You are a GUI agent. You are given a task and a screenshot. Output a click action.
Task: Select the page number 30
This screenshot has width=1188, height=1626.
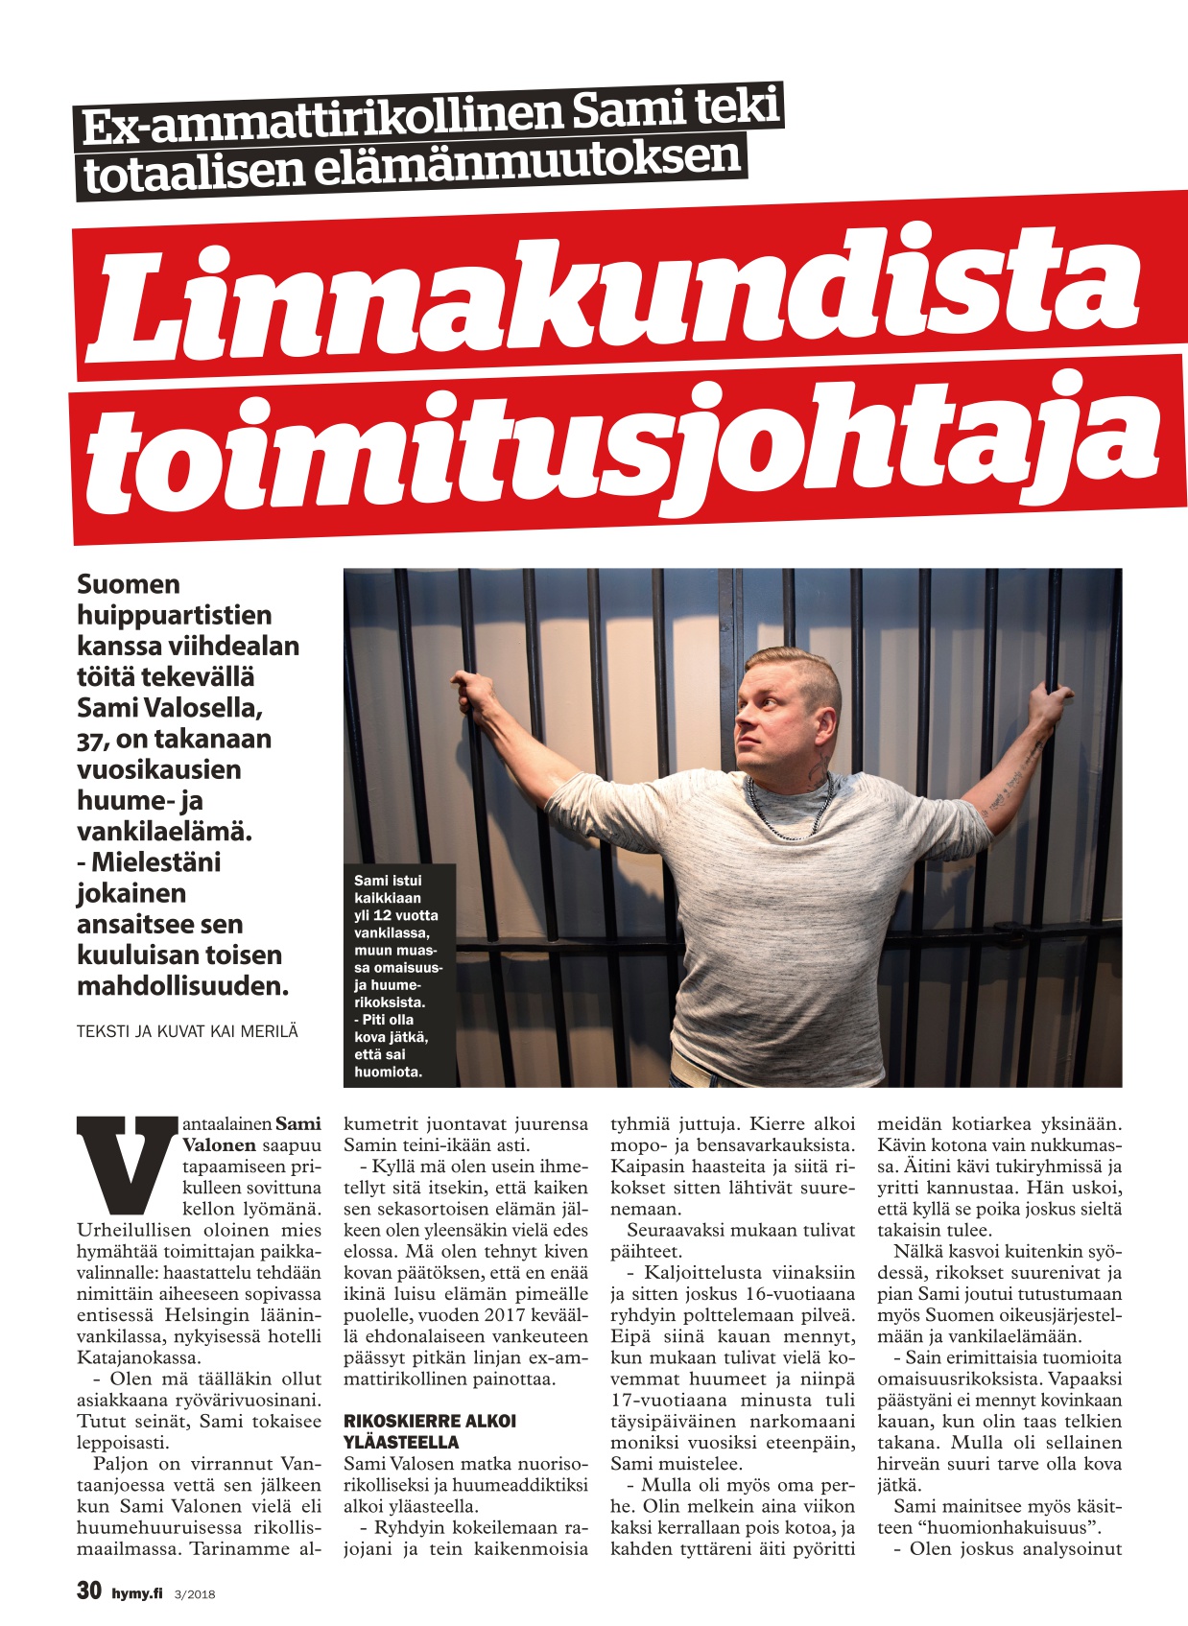tap(89, 1590)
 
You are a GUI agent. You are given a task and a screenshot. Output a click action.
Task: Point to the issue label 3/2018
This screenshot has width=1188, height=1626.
tap(195, 1594)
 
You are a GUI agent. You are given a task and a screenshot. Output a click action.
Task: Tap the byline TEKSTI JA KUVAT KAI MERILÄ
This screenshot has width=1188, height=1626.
tap(187, 1031)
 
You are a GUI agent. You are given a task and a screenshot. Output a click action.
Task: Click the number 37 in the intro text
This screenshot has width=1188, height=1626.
tap(94, 740)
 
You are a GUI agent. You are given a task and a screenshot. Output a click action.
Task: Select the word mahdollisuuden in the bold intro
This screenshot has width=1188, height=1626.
tap(181, 985)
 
